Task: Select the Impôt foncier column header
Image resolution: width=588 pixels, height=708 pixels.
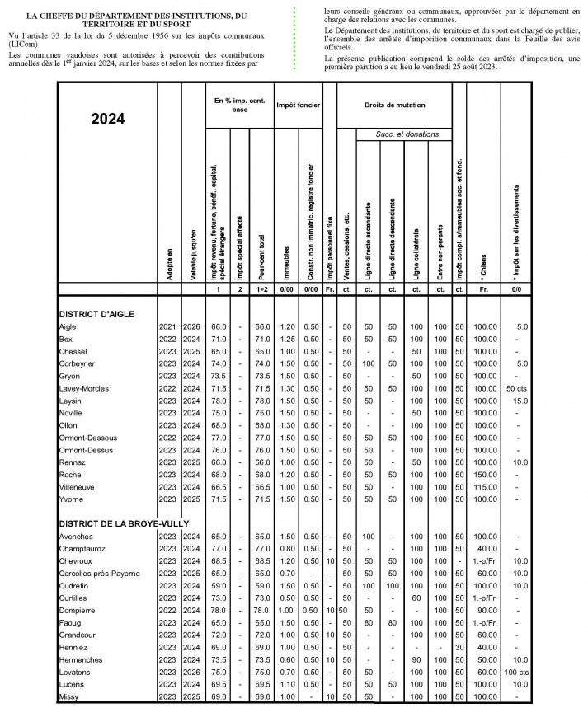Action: (x=299, y=105)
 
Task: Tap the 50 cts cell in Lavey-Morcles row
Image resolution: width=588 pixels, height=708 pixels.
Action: (x=516, y=387)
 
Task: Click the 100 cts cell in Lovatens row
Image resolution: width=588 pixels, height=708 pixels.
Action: (x=516, y=673)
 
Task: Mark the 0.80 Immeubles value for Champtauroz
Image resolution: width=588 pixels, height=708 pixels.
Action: (x=286, y=547)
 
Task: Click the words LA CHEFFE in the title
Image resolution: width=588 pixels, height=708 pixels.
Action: (x=57, y=16)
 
